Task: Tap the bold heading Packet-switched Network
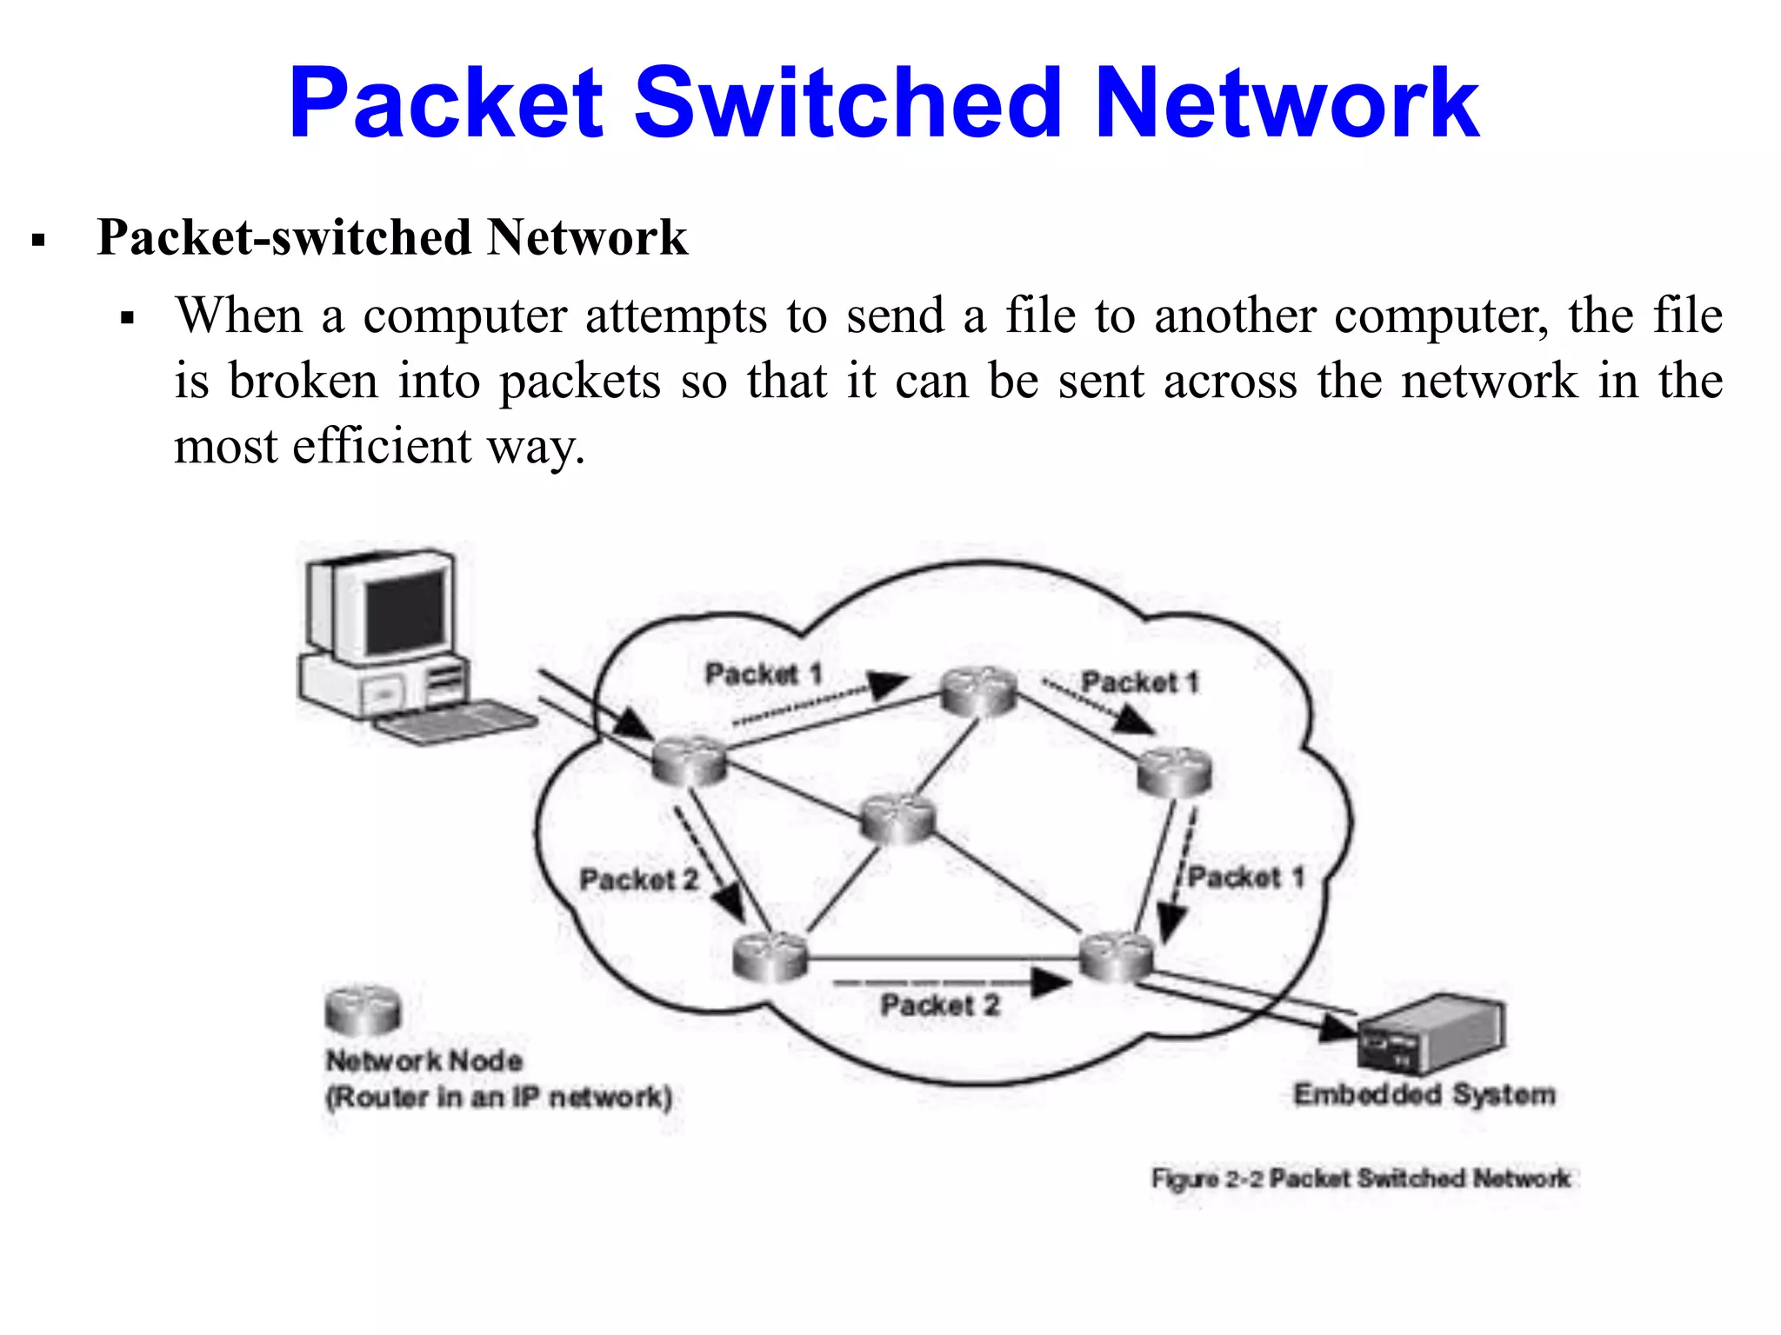(x=391, y=237)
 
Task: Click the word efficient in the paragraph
(x=383, y=447)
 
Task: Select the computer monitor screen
(x=405, y=612)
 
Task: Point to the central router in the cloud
(x=897, y=819)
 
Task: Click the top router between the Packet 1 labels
(x=980, y=691)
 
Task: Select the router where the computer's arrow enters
(x=690, y=760)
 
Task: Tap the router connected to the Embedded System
(x=1116, y=957)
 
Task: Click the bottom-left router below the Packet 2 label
(x=770, y=956)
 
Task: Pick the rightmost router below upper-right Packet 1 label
(x=1175, y=772)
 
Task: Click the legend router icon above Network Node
(x=363, y=1011)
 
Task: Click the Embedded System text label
(x=1424, y=1094)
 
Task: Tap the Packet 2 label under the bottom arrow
(x=940, y=1006)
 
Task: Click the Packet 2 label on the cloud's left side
(x=639, y=880)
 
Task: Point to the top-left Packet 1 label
(x=763, y=674)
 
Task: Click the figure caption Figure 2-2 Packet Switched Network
(x=1361, y=1179)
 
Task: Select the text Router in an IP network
(x=498, y=1097)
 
